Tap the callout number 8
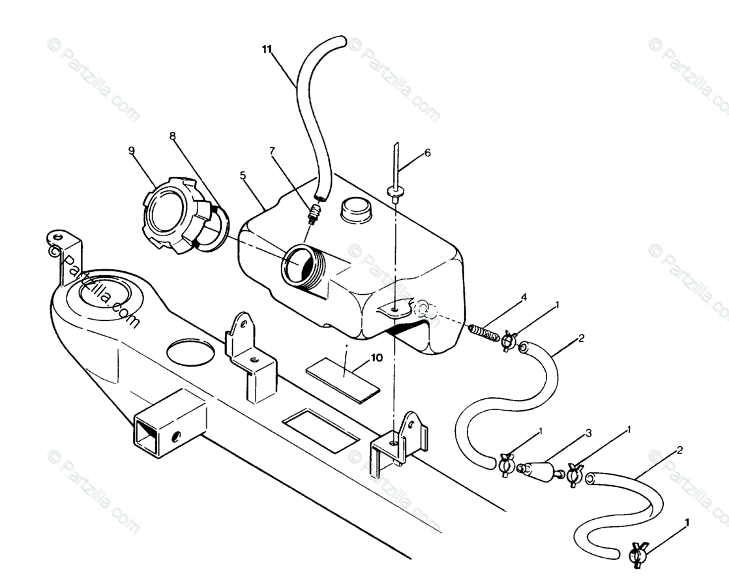click(172, 137)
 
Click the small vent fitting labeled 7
click(314, 213)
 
